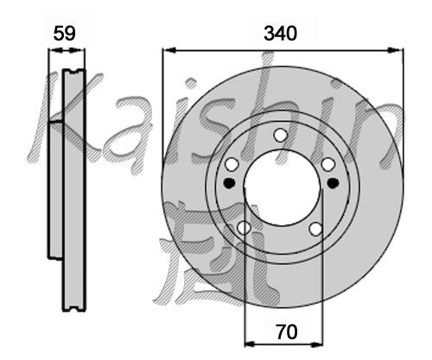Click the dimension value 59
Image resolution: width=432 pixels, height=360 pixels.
pyautogui.click(x=65, y=34)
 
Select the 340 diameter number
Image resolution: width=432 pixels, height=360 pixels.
pyautogui.click(x=280, y=34)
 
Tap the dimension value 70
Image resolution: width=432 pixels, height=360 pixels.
pyautogui.click(x=287, y=332)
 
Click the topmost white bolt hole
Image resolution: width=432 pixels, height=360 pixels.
pyautogui.click(x=280, y=135)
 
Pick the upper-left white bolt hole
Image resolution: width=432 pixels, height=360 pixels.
pyautogui.click(x=232, y=165)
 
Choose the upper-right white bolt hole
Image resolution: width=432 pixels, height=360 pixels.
pyautogui.click(x=328, y=165)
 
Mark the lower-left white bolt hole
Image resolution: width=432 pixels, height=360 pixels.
pyautogui.click(x=244, y=228)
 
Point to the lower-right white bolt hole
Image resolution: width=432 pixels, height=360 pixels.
pyautogui.click(x=316, y=229)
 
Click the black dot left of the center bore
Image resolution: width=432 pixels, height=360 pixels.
pyautogui.click(x=230, y=183)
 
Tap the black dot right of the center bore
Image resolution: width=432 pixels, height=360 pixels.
pyautogui.click(x=334, y=183)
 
